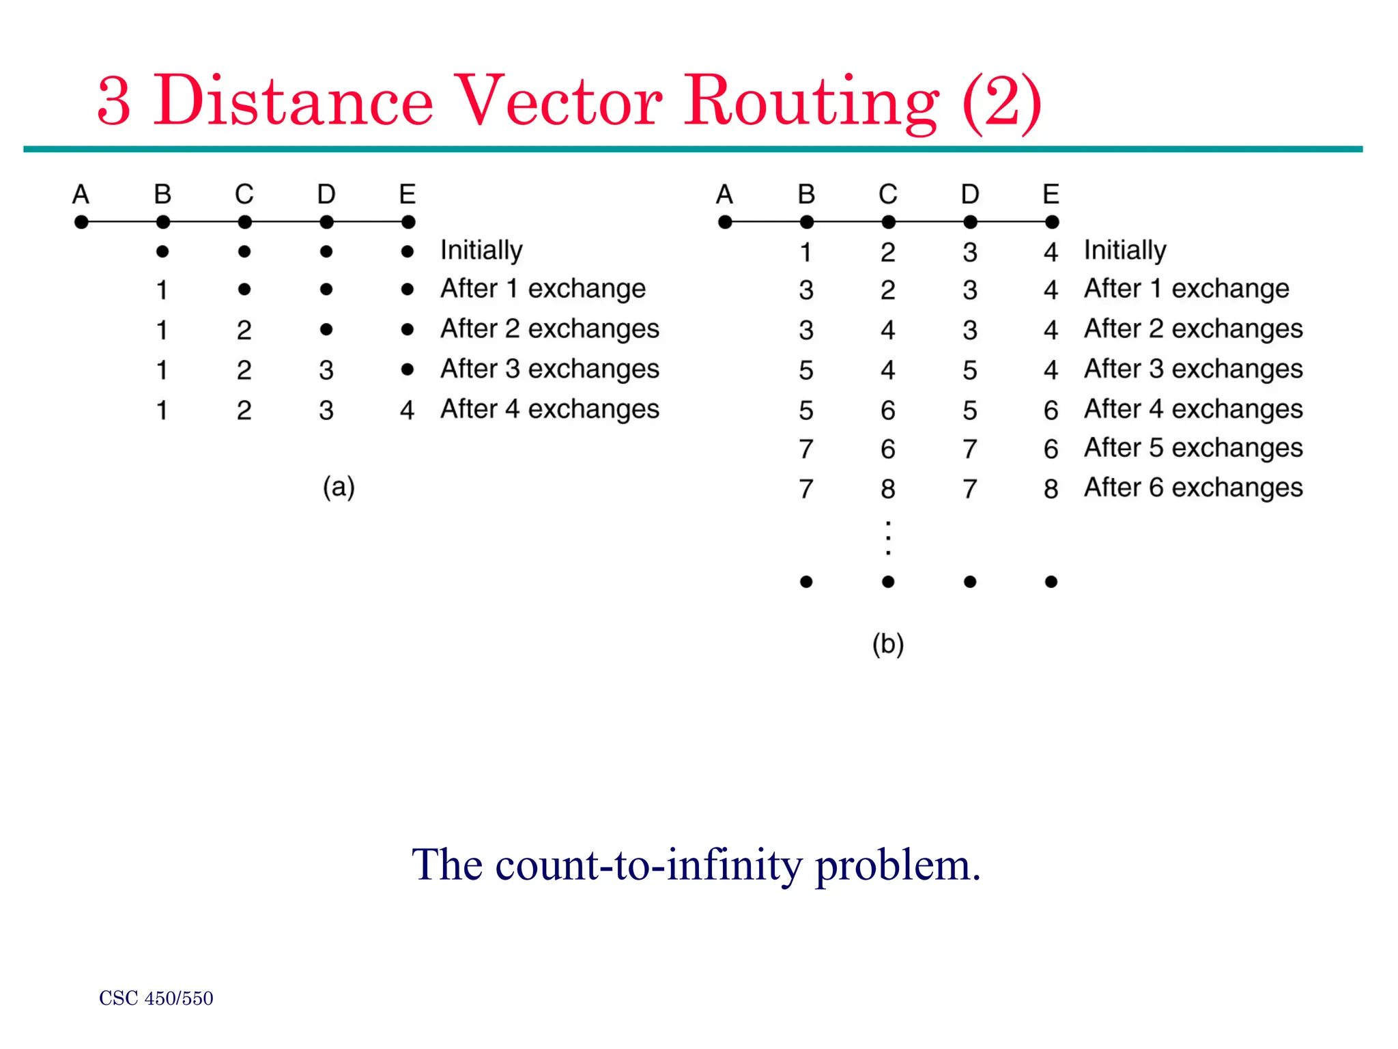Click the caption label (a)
pyautogui.click(x=339, y=488)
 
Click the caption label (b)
pyautogui.click(x=887, y=644)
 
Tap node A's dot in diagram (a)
pyautogui.click(x=81, y=222)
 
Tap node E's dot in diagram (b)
pyautogui.click(x=1052, y=222)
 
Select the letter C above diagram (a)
pyautogui.click(x=244, y=195)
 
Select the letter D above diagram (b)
pyautogui.click(x=970, y=195)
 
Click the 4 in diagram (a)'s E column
pyautogui.click(x=407, y=410)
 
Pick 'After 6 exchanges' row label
pyautogui.click(x=1193, y=488)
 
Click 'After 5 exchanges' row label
pyautogui.click(x=1193, y=448)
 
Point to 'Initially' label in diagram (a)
pyautogui.click(x=481, y=251)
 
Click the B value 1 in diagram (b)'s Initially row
pyautogui.click(x=806, y=253)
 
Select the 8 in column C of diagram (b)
pyautogui.click(x=887, y=489)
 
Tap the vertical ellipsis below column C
pyautogui.click(x=887, y=538)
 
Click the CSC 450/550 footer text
pyautogui.click(x=156, y=998)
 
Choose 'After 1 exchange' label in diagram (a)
pyautogui.click(x=543, y=289)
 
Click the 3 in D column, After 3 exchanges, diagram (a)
pyautogui.click(x=326, y=370)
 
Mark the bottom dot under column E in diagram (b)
pyautogui.click(x=1051, y=582)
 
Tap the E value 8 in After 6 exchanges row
pyautogui.click(x=1051, y=489)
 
